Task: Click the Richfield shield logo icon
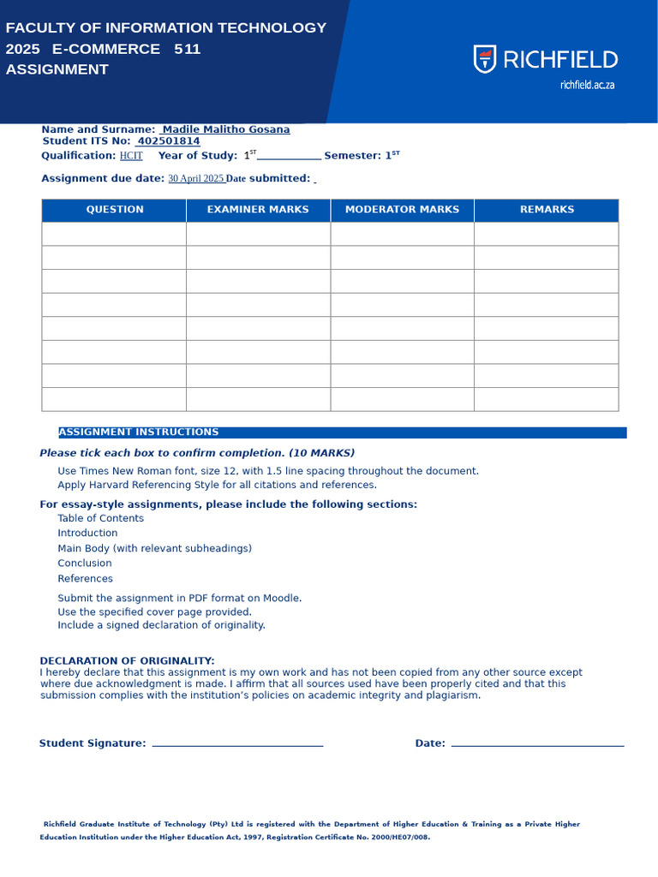tap(485, 59)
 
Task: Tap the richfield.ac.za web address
tap(587, 85)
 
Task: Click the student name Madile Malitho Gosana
tap(226, 130)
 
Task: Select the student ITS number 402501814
tap(169, 141)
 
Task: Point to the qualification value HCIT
tap(131, 156)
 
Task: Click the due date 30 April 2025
tap(195, 179)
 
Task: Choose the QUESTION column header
tap(115, 210)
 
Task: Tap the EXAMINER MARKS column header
tap(258, 210)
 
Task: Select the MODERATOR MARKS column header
tap(402, 210)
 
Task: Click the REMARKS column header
tap(547, 210)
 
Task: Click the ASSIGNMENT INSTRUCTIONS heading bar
tap(342, 433)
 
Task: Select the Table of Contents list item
tap(100, 518)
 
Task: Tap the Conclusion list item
tap(85, 564)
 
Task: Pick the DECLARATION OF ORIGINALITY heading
tap(127, 661)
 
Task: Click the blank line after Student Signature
tap(237, 744)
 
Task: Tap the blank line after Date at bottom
tap(537, 744)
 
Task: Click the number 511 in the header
tap(187, 49)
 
